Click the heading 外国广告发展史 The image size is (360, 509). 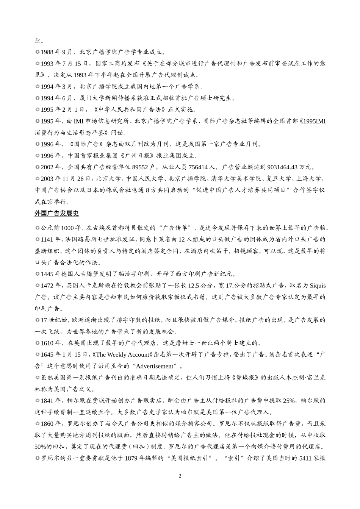pos(56,214)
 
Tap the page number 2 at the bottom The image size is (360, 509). pos(180,476)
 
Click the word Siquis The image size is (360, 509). pos(318,286)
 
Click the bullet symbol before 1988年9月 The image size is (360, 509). pos(37,52)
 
